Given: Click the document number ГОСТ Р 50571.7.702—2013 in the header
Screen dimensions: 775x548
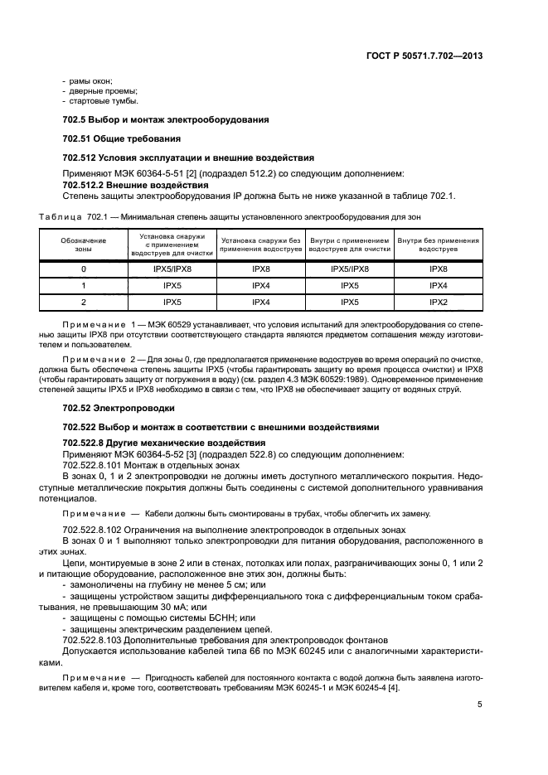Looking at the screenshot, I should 424,56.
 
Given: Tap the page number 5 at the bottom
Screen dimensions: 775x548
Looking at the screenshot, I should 480,705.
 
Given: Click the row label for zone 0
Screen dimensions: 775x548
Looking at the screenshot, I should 84,269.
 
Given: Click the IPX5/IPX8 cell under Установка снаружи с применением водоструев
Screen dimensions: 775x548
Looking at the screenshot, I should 172,269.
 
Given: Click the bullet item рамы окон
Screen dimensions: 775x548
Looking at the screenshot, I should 90,80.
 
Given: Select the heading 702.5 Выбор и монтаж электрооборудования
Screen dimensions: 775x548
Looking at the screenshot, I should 166,119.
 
